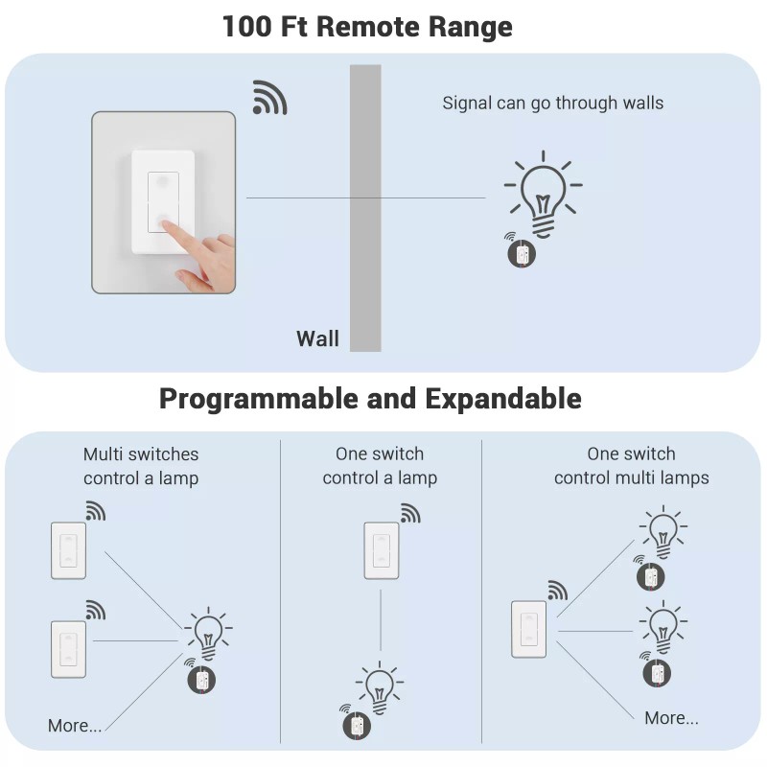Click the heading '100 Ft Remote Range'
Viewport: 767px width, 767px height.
(x=367, y=26)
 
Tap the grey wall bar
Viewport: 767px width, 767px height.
(x=365, y=207)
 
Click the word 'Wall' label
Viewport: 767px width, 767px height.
(x=317, y=338)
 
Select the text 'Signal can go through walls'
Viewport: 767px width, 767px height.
(x=552, y=103)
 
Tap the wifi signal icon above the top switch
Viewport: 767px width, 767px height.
(x=269, y=97)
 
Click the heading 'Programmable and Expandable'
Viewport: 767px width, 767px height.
(x=370, y=398)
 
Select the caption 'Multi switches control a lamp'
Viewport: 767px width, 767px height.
(x=141, y=466)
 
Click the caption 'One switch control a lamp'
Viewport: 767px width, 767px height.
(x=380, y=466)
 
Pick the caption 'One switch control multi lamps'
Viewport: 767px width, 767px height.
(x=631, y=466)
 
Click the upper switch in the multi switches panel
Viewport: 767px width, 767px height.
(x=68, y=550)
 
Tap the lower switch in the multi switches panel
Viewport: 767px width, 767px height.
(x=68, y=649)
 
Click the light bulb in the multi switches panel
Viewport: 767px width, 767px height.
(x=207, y=633)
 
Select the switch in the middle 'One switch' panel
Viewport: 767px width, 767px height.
(x=382, y=550)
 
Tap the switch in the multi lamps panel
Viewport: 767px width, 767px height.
(x=528, y=629)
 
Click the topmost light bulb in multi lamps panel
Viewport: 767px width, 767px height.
(x=662, y=530)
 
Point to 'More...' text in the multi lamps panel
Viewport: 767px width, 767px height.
(x=671, y=718)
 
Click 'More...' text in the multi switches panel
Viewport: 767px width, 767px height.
(x=75, y=726)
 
